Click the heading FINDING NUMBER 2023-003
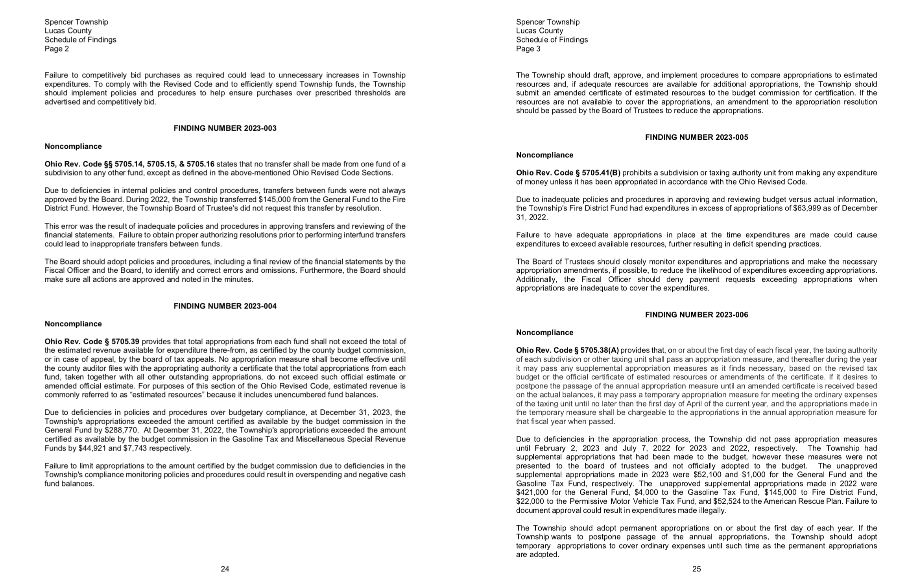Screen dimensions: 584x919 click(225, 128)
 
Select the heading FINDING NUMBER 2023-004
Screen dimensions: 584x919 click(225, 306)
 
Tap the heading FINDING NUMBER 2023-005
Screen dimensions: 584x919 click(696, 137)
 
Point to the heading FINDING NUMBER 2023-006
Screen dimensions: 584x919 click(696, 315)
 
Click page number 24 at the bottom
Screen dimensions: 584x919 click(225, 569)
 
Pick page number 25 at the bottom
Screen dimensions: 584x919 click(696, 569)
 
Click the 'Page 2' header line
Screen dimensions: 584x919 click(57, 49)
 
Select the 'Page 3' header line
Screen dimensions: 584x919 click(528, 49)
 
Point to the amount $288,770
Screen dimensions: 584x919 click(122, 430)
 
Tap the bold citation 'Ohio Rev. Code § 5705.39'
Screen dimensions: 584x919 click(92, 342)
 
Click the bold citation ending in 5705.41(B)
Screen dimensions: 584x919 click(568, 173)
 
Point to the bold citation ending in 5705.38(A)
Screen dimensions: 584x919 click(567, 350)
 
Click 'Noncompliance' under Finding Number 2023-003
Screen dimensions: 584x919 click(73, 146)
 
